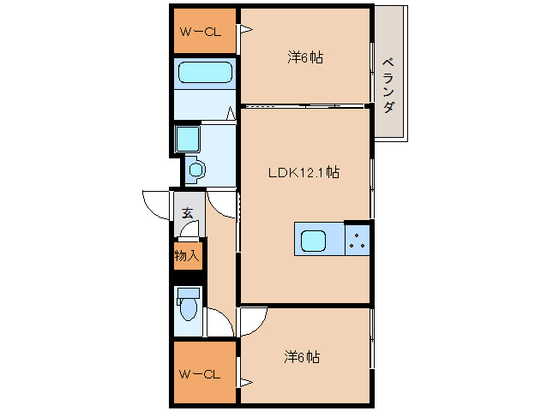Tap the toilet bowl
[187, 303]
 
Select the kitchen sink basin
[313, 241]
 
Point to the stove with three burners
[358, 241]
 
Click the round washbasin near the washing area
[196, 170]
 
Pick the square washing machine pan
[187, 139]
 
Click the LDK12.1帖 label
[304, 172]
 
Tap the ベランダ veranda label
[388, 85]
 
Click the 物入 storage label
[187, 255]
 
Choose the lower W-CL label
[201, 374]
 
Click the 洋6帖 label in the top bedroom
[305, 57]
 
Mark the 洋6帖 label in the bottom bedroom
[302, 357]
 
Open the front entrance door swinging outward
[157, 205]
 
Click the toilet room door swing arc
[220, 323]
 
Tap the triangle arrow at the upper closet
[245, 31]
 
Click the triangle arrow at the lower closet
[245, 379]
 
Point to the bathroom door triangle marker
[231, 112]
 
